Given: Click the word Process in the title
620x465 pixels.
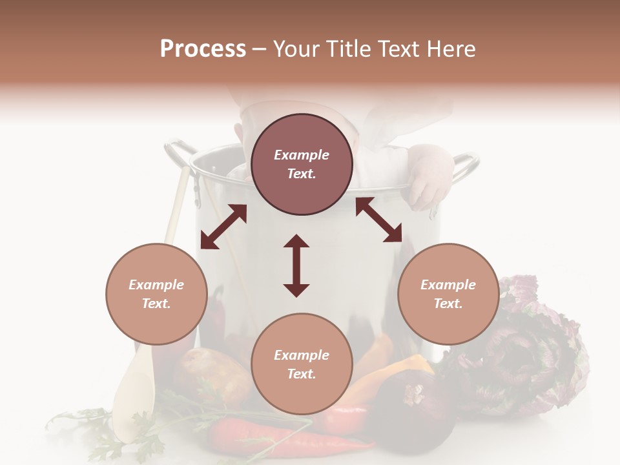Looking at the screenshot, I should (203, 49).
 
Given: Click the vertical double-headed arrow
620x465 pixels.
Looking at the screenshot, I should (296, 265).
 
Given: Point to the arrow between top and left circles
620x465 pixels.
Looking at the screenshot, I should (223, 227).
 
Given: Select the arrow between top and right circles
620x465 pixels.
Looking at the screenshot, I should (378, 220).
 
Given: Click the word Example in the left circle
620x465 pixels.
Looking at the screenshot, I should (156, 285).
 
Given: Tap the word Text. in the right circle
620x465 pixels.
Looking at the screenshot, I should (448, 304).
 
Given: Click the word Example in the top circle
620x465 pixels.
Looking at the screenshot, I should (302, 155).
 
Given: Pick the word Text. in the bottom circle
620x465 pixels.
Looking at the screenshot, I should (302, 374).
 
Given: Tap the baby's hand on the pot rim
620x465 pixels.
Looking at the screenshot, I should (428, 174).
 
